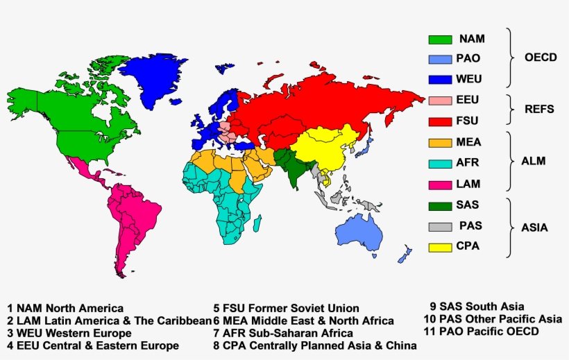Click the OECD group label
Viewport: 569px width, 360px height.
pos(541,58)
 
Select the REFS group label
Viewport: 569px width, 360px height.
pos(538,110)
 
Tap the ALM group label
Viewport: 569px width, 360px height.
pos(534,161)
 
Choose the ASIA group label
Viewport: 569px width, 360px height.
pos(534,227)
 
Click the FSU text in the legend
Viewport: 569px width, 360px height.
pos(468,121)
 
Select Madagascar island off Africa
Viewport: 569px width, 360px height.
pos(257,223)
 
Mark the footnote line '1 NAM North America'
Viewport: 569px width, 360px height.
pos(65,308)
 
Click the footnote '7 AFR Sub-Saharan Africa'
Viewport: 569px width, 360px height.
pos(283,333)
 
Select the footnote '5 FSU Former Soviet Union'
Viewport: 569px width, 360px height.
pos(286,308)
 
